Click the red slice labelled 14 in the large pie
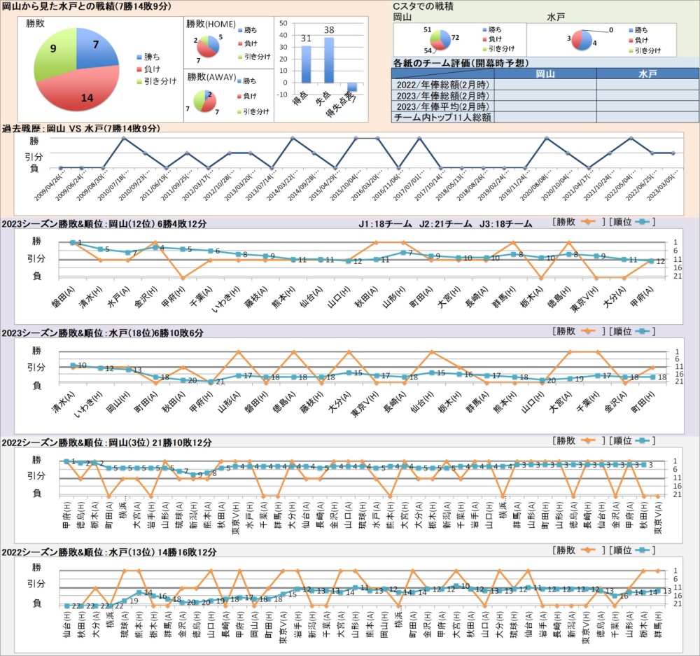[87, 88]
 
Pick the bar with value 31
[306, 64]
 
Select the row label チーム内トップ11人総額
[442, 117]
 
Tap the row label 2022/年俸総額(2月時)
[442, 85]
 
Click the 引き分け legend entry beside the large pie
[156, 82]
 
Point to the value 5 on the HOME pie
[220, 36]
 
